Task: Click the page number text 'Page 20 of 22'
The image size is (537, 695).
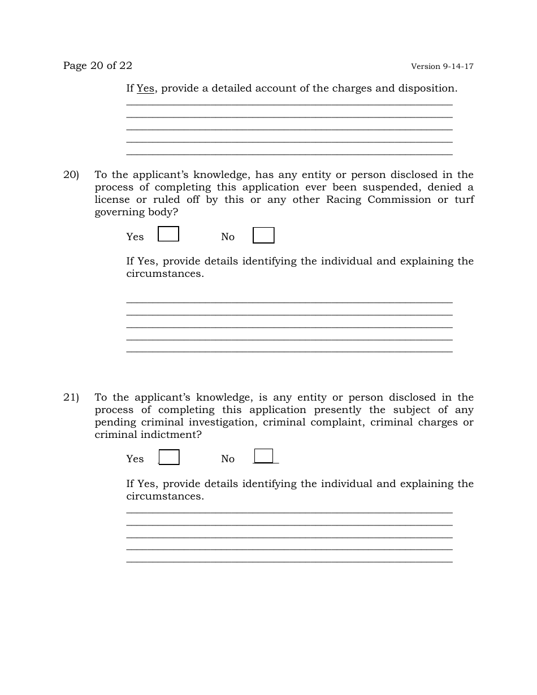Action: pyautogui.click(x=97, y=66)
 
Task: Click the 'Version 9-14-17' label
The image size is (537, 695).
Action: pyautogui.click(x=442, y=67)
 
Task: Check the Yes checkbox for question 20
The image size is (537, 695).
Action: pyautogui.click(x=168, y=234)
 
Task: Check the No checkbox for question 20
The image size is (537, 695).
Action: pyautogui.click(x=263, y=235)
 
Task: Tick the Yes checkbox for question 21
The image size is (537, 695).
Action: pyautogui.click(x=169, y=457)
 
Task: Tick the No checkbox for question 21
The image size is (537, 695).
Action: pyautogui.click(x=263, y=456)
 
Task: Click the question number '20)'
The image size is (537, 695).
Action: pyautogui.click(x=71, y=175)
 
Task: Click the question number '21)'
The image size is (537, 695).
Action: pyautogui.click(x=71, y=398)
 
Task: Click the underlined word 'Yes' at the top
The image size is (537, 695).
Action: pyautogui.click(x=145, y=89)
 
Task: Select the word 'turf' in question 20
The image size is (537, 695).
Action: pyautogui.click(x=464, y=200)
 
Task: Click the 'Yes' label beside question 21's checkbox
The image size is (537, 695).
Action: pyautogui.click(x=135, y=459)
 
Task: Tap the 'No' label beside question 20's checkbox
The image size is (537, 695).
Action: pyautogui.click(x=227, y=237)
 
